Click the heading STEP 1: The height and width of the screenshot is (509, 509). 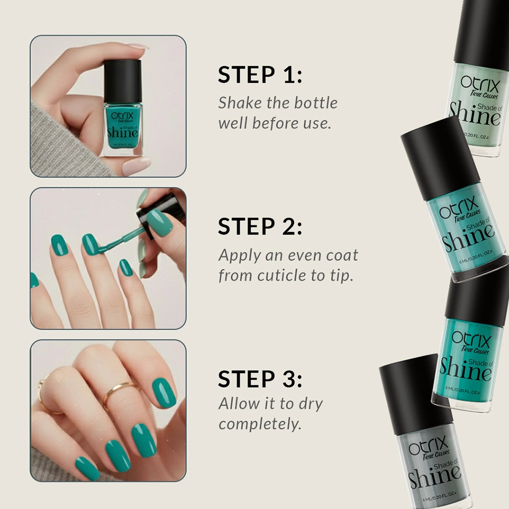coord(260,75)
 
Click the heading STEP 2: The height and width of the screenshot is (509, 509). coord(260,227)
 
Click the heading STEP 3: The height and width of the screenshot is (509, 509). coord(260,379)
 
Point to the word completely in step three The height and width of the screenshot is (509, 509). coord(260,424)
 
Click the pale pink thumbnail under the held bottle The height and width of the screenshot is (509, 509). coord(136,167)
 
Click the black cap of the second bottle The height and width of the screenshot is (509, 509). coord(440,157)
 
